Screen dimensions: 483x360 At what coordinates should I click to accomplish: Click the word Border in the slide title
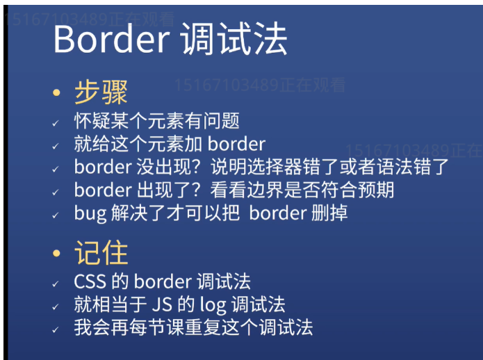111,40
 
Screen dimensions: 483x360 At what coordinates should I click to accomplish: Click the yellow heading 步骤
101,92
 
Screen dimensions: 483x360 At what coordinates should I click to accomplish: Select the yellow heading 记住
101,252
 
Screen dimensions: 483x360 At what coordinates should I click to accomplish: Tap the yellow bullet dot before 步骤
56,92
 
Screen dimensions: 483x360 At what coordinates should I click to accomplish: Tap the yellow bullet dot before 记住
56,253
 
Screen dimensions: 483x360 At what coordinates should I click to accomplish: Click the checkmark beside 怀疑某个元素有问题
56,124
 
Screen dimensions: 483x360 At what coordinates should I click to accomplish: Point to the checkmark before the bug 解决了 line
56,215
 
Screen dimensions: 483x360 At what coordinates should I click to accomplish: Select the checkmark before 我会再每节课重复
56,330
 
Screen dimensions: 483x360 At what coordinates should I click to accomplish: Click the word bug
90,213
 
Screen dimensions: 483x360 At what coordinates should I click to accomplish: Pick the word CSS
90,281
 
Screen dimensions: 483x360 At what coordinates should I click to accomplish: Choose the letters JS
162,304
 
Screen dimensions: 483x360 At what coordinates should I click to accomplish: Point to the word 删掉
329,213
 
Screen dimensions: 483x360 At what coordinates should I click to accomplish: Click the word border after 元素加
236,144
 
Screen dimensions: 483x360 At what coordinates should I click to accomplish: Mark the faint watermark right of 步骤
260,85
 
